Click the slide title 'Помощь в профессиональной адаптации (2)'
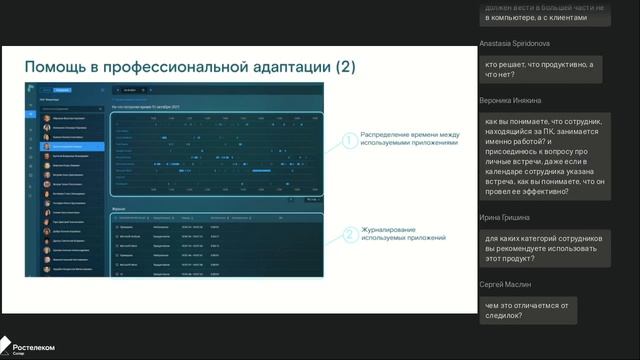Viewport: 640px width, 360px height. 189,67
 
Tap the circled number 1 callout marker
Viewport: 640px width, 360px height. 349,142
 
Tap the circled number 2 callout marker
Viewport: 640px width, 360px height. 349,236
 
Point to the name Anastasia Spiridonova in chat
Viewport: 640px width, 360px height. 522,44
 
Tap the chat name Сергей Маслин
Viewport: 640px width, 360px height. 509,285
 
